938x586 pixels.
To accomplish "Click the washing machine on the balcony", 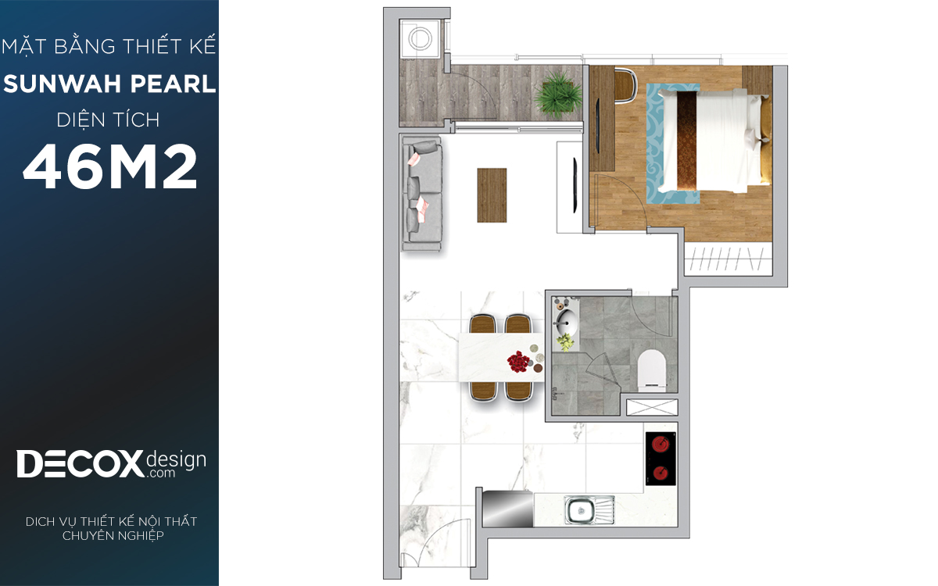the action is [420, 38].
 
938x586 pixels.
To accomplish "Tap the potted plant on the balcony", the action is [557, 95].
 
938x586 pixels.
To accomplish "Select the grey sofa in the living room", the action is [422, 194].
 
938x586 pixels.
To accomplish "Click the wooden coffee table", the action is [492, 195].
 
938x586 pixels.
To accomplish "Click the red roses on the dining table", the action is [518, 361].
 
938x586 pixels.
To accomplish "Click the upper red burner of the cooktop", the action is [661, 444].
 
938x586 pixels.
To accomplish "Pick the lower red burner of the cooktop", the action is [661, 473].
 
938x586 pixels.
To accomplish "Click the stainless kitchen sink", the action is [589, 509].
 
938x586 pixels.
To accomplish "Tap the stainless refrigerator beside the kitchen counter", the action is [508, 509].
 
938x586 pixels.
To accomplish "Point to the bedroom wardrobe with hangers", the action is [729, 259].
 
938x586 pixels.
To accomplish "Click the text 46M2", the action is [109, 166].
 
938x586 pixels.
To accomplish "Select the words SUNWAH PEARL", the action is [109, 84].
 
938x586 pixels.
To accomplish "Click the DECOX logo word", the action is [80, 464].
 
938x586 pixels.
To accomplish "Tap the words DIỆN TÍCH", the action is [108, 120].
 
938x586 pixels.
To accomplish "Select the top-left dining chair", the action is [483, 324].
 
